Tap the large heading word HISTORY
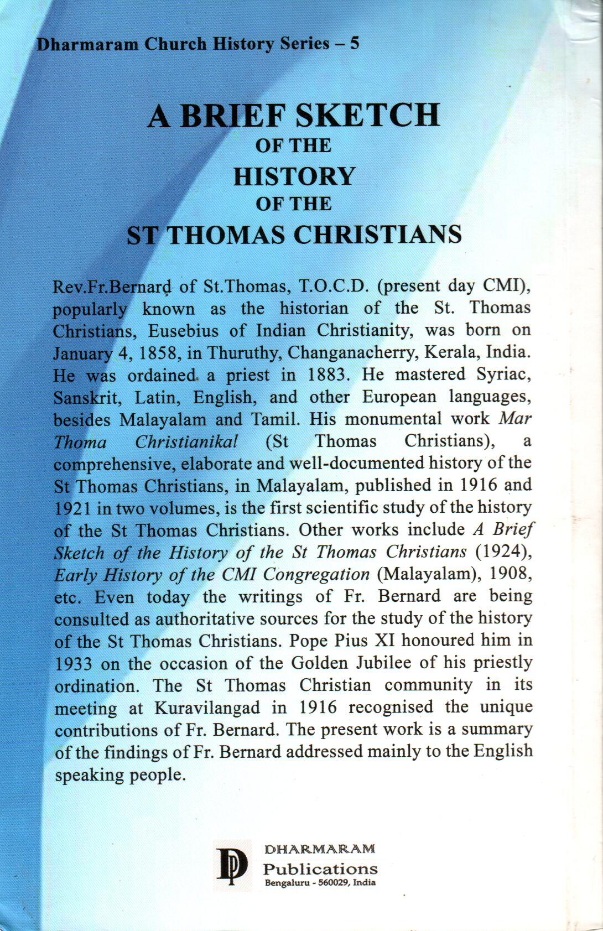(294, 176)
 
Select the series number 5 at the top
(355, 43)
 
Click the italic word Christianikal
(187, 441)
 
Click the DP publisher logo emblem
(232, 865)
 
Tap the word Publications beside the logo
(320, 868)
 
